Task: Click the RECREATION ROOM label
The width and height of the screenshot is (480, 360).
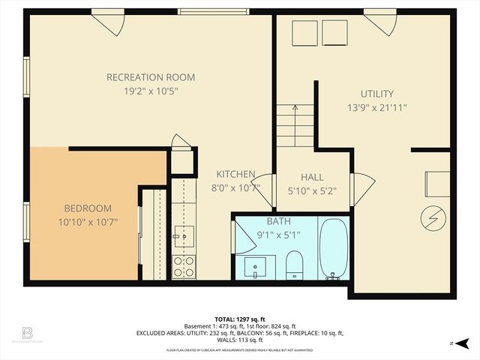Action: click(x=151, y=77)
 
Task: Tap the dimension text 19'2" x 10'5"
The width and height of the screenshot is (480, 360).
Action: click(x=151, y=91)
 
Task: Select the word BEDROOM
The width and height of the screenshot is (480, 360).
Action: click(x=88, y=208)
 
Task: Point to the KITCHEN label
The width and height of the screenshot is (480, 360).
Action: click(x=236, y=174)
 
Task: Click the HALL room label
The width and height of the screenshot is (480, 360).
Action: click(x=312, y=177)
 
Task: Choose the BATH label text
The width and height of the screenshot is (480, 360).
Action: click(x=279, y=221)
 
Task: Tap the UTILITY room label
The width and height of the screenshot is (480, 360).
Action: click(x=376, y=94)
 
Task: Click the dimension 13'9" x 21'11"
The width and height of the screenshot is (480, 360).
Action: click(x=376, y=107)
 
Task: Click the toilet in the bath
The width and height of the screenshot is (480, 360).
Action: click(x=294, y=264)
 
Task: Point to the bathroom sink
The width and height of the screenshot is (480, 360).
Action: click(x=258, y=265)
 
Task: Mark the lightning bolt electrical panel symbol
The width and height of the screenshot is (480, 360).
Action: click(x=431, y=217)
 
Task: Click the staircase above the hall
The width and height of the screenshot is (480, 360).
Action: click(x=295, y=125)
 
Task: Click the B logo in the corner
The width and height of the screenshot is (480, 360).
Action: click(x=28, y=332)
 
